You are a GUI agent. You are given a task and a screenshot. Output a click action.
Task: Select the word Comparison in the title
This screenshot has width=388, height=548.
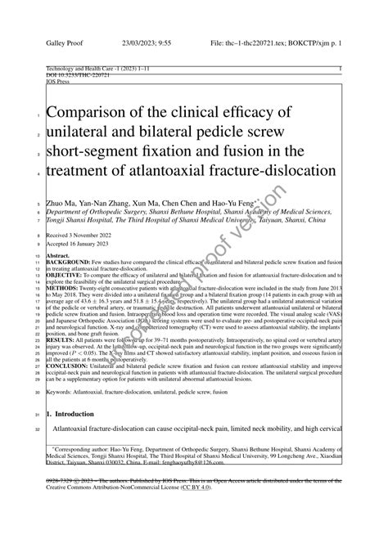pyautogui.click(x=89, y=112)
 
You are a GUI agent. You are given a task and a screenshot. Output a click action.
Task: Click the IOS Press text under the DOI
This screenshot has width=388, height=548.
pyautogui.click(x=59, y=82)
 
